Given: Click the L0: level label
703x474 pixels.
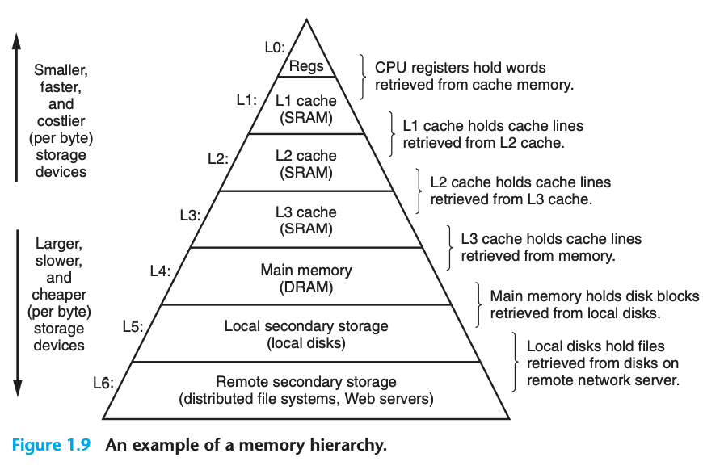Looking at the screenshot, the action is tap(275, 47).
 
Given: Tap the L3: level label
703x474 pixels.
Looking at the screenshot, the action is tap(190, 216).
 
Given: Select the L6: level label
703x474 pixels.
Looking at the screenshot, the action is tap(103, 383).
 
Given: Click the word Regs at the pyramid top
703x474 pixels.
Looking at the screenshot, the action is tap(306, 66).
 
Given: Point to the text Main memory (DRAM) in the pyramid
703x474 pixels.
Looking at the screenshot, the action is tap(306, 279).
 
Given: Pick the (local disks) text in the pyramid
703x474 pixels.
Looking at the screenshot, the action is tap(306, 343).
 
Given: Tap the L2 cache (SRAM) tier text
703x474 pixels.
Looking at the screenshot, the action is tap(306, 164).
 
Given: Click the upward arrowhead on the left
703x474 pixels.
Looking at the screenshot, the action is tap(17, 41).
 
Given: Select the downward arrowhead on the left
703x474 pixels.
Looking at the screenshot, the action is tap(18, 388).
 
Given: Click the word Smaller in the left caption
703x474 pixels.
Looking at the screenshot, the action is tap(61, 70).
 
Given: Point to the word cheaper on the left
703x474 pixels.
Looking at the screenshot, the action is tap(59, 295).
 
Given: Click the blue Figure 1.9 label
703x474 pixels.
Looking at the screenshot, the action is tap(51, 445).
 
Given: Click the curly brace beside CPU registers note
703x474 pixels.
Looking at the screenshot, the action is tap(362, 77).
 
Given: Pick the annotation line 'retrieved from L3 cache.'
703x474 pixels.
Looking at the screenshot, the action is tap(511, 199).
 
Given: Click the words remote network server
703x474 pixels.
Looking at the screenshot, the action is tap(603, 380).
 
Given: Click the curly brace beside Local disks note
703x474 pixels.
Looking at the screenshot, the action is tap(515, 362).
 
